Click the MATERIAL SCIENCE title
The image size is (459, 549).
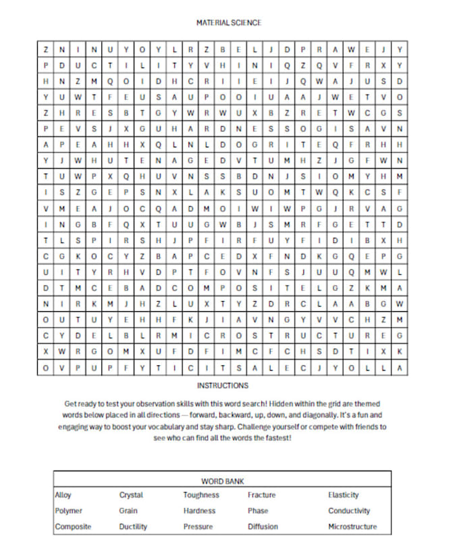pyautogui.click(x=229, y=22)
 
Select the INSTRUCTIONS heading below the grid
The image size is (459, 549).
pyautogui.click(x=223, y=386)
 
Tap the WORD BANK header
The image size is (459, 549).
pyautogui.click(x=222, y=481)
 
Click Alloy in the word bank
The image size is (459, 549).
pyautogui.click(x=63, y=495)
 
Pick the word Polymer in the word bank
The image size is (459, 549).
pyautogui.click(x=68, y=511)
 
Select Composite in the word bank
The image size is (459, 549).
pyautogui.click(x=73, y=527)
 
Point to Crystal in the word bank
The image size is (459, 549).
pyautogui.click(x=131, y=495)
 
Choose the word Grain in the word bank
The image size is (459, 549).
pyautogui.click(x=128, y=511)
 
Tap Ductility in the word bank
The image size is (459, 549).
pyautogui.click(x=133, y=527)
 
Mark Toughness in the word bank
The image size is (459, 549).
pyautogui.click(x=201, y=495)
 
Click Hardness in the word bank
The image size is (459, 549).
pyautogui.click(x=199, y=511)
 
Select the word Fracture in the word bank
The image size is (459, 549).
pyautogui.click(x=261, y=495)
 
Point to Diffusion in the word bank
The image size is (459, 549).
pyautogui.click(x=263, y=527)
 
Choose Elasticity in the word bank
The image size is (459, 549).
pyautogui.click(x=344, y=495)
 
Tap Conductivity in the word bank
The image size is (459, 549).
pyautogui.click(x=349, y=511)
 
